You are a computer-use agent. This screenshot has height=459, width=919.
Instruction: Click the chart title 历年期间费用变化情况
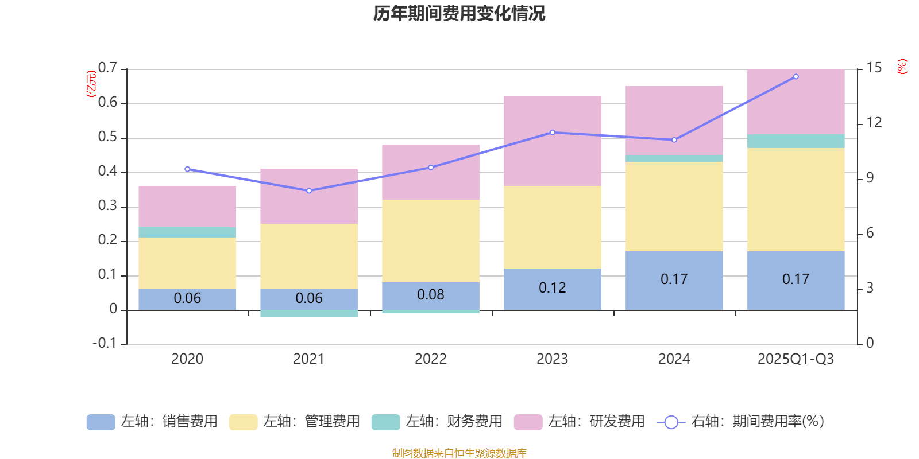tap(459, 13)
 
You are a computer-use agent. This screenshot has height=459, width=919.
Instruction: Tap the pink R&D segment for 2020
tap(187, 207)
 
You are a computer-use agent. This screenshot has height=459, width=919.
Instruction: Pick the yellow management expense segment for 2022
tap(431, 241)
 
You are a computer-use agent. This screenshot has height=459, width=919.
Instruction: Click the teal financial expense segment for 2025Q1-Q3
tap(796, 141)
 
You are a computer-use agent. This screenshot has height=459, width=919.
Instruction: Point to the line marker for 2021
tap(309, 190)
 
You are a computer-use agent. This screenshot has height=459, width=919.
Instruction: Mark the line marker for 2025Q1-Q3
tap(796, 76)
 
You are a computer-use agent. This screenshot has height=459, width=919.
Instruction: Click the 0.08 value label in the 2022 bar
tap(431, 295)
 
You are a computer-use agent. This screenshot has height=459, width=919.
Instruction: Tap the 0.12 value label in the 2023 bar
tap(553, 288)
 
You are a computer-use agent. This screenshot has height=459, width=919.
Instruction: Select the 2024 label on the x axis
tap(674, 359)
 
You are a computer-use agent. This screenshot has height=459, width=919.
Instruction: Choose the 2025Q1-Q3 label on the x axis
tap(796, 359)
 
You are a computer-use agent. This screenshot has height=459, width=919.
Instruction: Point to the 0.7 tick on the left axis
tap(107, 68)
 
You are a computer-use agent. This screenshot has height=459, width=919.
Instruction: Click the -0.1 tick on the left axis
tap(105, 343)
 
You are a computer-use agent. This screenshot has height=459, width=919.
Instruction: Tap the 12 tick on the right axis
tap(874, 123)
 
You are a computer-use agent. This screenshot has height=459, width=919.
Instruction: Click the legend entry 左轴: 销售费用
tap(152, 422)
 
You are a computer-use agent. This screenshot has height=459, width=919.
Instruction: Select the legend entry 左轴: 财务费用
tap(437, 422)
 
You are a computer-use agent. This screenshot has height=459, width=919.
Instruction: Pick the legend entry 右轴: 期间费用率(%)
tap(741, 422)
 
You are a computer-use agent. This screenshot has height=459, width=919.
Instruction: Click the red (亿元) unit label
tap(91, 84)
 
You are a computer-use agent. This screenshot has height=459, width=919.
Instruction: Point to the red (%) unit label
tap(902, 67)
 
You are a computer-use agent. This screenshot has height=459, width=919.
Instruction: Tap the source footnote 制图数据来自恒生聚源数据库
tap(459, 453)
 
